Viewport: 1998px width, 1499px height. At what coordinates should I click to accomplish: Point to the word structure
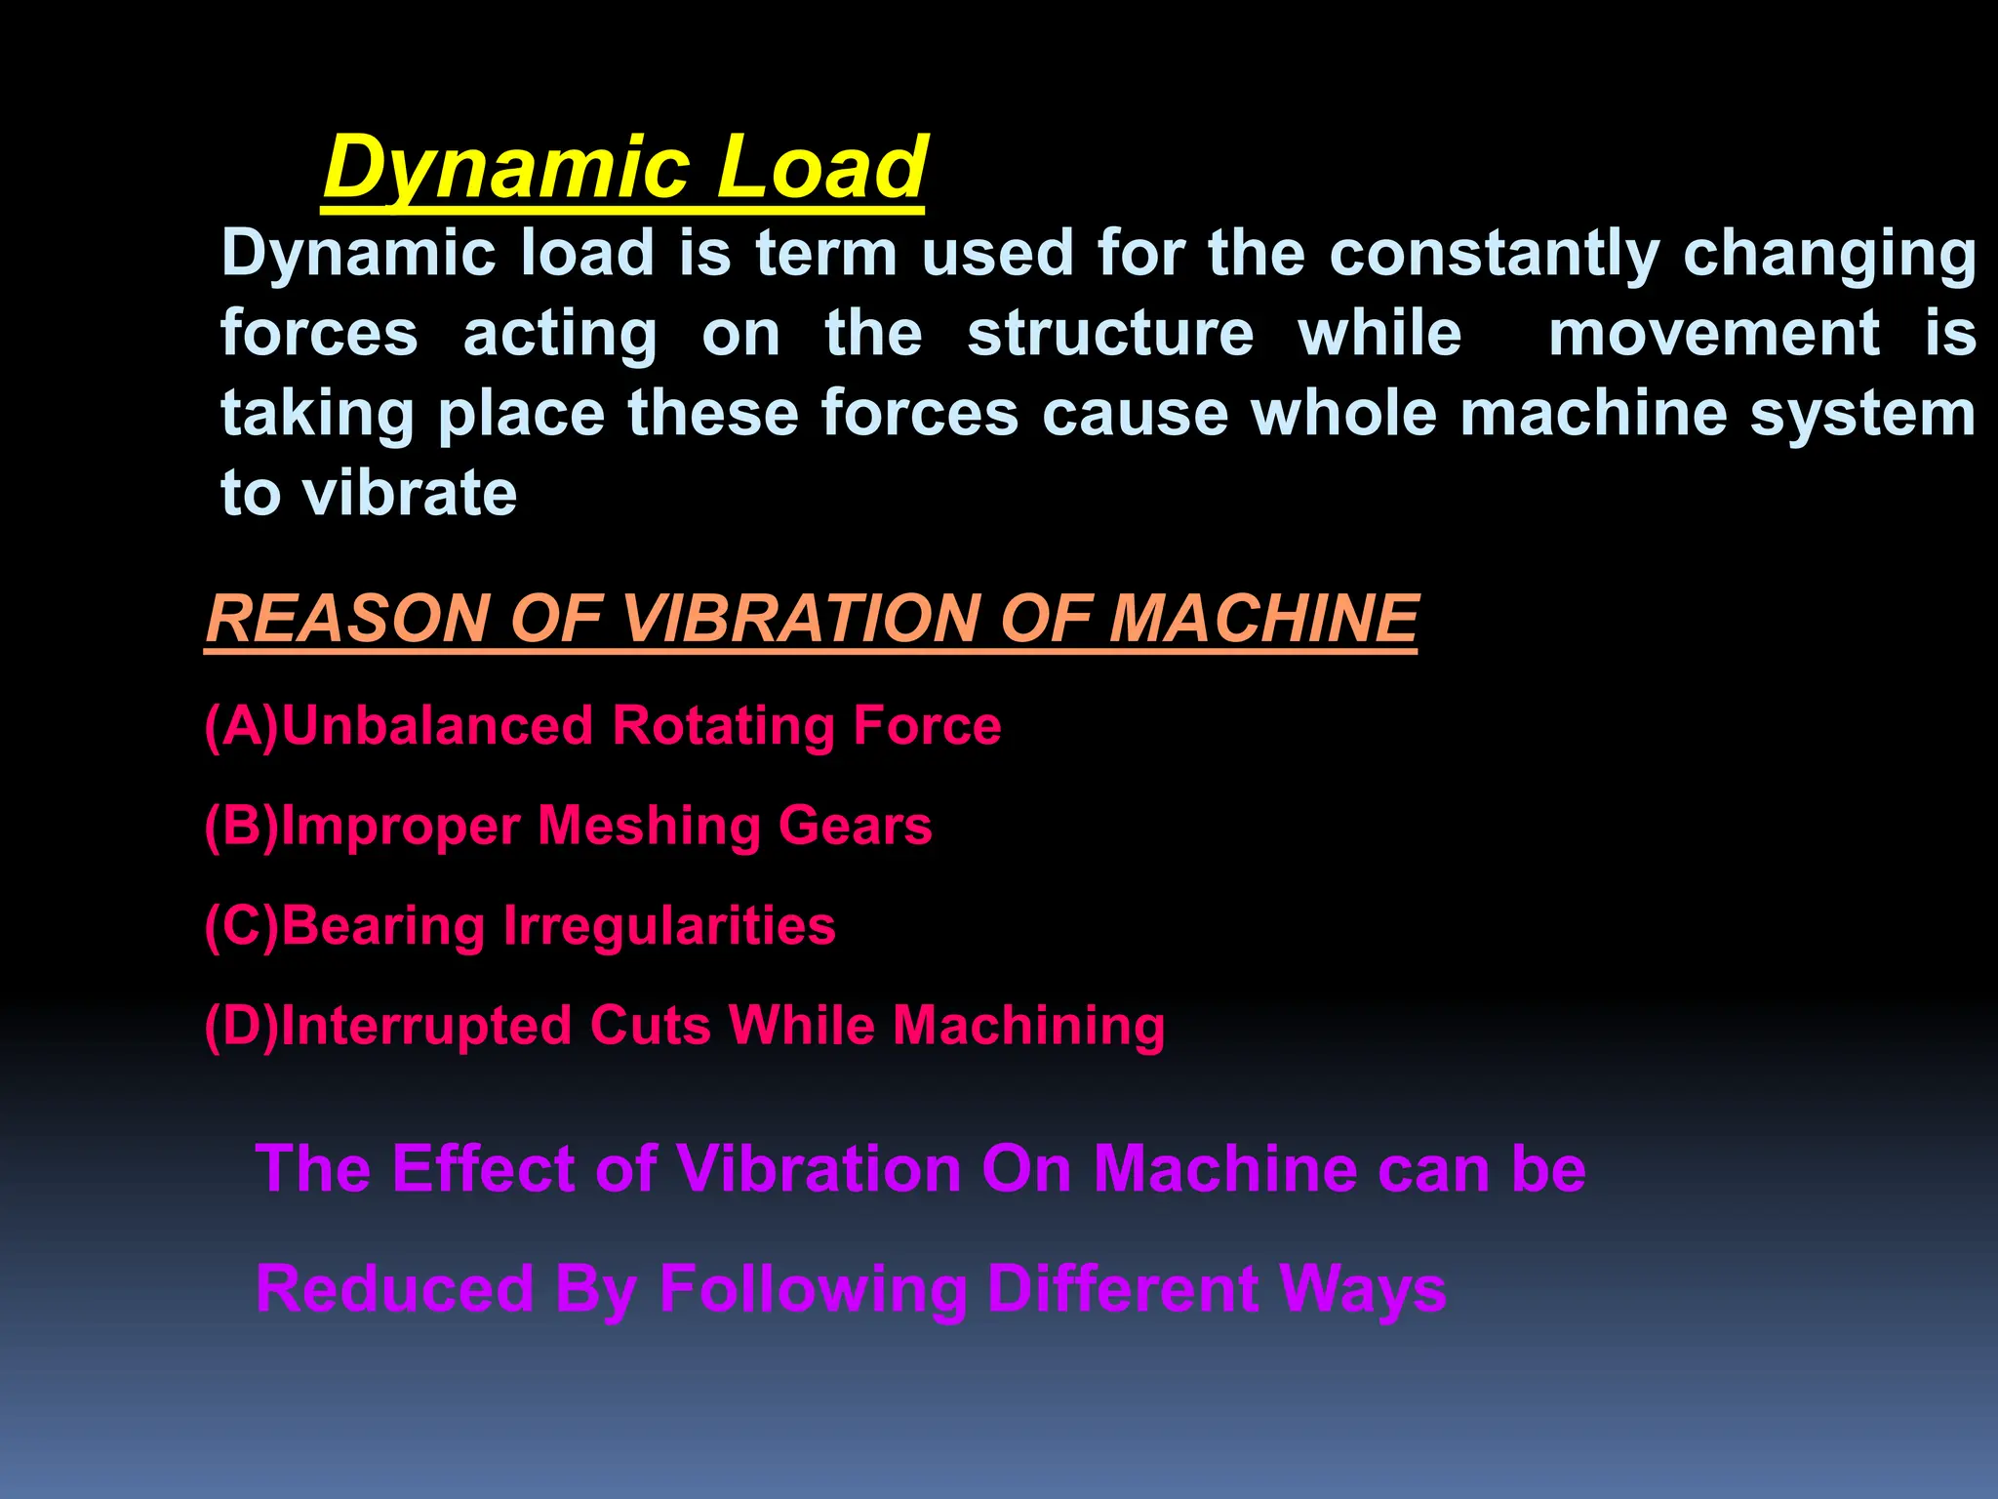coord(1110,334)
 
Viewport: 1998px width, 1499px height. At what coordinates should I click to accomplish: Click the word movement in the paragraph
coord(1713,334)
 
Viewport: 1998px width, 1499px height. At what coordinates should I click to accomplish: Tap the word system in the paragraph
coord(1862,415)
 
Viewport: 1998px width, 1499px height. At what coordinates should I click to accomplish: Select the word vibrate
coord(410,493)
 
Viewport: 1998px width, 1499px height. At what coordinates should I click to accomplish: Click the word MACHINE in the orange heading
coord(1263,619)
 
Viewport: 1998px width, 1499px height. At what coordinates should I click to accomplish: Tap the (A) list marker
coord(241,727)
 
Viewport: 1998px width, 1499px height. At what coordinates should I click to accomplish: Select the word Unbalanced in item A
coord(437,727)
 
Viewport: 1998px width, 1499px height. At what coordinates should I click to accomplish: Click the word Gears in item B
coord(855,827)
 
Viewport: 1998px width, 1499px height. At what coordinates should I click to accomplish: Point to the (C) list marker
coord(241,926)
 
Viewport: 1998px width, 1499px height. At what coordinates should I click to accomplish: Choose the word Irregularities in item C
coord(669,926)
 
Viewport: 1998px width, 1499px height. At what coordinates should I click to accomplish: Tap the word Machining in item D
coord(1029,1027)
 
